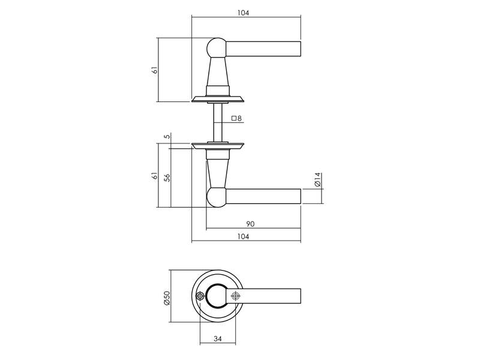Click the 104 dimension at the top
(x=243, y=13)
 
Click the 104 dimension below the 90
(x=243, y=236)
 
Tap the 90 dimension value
(x=250, y=224)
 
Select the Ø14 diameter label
(x=317, y=179)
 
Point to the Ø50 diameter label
(x=167, y=298)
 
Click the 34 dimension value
(x=217, y=338)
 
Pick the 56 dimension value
(x=167, y=178)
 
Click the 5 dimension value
(x=167, y=136)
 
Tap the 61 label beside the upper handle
(x=155, y=70)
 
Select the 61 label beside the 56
(x=155, y=176)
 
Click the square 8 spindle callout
(x=236, y=118)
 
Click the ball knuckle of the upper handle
(x=216, y=48)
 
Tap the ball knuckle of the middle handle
(x=216, y=197)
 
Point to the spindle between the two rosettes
(x=218, y=122)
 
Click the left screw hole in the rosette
(x=200, y=296)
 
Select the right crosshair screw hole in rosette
(x=235, y=296)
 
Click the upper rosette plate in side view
(x=218, y=99)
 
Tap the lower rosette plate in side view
(x=218, y=146)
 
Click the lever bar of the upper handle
(x=263, y=49)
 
